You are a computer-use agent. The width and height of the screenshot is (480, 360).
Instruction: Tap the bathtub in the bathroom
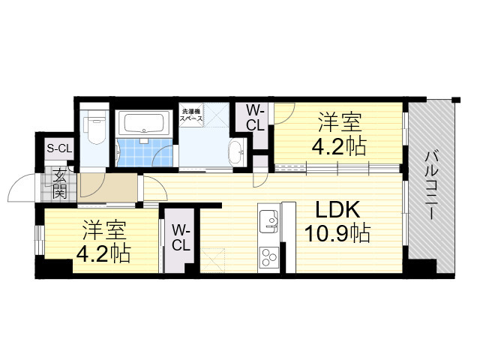coord(145,123)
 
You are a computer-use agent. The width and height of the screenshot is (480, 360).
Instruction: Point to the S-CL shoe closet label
coord(59,148)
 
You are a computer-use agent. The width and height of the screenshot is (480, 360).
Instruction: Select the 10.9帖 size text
coord(337,233)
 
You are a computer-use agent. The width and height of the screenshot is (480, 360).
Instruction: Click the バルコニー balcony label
coord(433,184)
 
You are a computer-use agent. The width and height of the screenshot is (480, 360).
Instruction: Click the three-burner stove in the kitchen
coord(268,257)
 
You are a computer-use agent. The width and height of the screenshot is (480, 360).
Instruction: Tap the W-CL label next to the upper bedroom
coord(256,118)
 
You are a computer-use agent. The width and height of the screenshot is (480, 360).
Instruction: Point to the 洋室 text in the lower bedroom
coord(103,230)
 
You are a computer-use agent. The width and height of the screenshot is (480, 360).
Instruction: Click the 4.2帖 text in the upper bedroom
coord(338,145)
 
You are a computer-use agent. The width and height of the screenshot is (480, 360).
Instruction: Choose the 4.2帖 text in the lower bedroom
coord(103,253)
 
